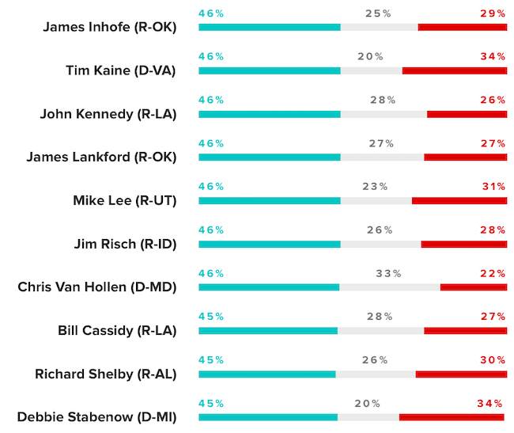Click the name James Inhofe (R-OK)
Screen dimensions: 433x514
(109, 27)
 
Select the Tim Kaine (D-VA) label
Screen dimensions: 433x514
(120, 70)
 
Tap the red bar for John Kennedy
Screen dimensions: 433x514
(467, 114)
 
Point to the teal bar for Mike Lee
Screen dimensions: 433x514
(269, 200)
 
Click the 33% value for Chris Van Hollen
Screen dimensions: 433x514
(388, 273)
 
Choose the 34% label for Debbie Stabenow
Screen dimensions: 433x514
(489, 403)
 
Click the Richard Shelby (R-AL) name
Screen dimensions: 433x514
(105, 374)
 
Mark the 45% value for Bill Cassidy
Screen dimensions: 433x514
(211, 316)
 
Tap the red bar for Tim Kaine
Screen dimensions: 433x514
(454, 70)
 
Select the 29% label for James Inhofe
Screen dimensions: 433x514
(493, 13)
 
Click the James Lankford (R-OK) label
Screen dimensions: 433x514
(101, 157)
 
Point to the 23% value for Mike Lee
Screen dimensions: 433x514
(375, 187)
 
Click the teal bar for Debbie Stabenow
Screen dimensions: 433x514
(267, 417)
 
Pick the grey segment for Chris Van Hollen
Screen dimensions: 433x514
(389, 287)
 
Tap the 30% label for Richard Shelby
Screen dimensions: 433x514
(493, 359)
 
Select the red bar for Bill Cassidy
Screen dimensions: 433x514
(465, 330)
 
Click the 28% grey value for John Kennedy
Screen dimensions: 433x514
(383, 100)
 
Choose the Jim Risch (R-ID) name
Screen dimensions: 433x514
(125, 244)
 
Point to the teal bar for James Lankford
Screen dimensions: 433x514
(269, 157)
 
